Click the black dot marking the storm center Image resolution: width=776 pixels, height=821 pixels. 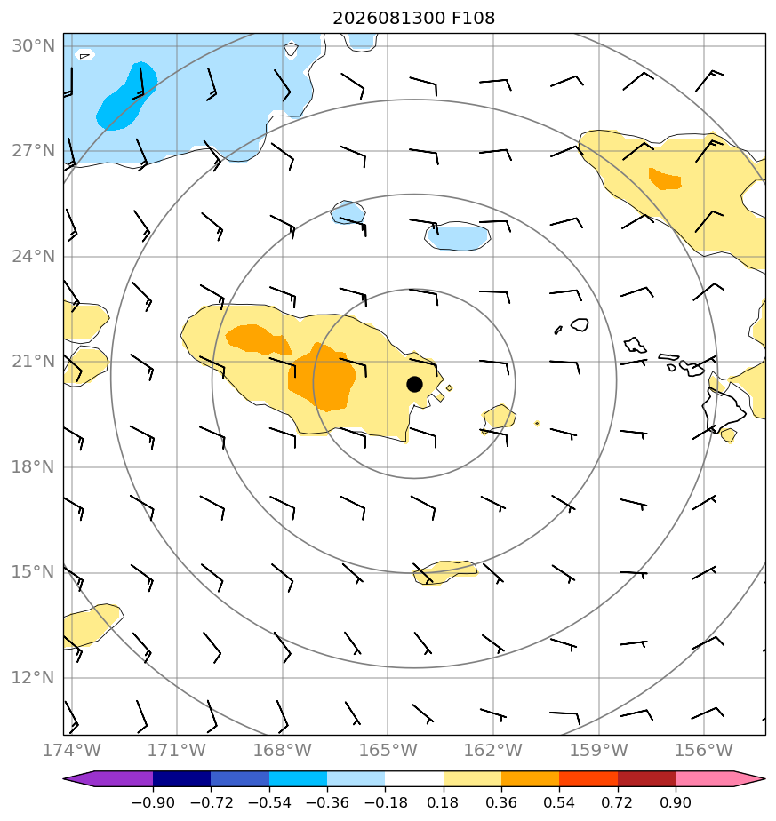pyautogui.click(x=414, y=385)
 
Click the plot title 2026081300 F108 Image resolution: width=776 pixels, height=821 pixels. pyautogui.click(x=413, y=19)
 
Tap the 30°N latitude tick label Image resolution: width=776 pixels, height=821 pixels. pyautogui.click(x=33, y=46)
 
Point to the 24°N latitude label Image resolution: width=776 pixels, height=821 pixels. pyautogui.click(x=33, y=257)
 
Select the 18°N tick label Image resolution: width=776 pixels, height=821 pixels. pyautogui.click(x=33, y=467)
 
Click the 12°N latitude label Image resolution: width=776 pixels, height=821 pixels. pyautogui.click(x=33, y=678)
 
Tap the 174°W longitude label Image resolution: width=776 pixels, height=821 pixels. pyautogui.click(x=71, y=750)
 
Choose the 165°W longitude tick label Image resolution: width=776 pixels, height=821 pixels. pyautogui.click(x=388, y=750)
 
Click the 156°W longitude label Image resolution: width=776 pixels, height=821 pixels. pyautogui.click(x=703, y=750)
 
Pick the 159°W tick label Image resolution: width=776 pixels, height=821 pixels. pyautogui.click(x=598, y=750)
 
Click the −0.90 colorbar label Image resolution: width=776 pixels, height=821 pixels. pyautogui.click(x=153, y=802)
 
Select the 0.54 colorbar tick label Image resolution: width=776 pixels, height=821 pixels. pyautogui.click(x=559, y=802)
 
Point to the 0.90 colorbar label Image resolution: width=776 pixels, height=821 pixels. pyautogui.click(x=676, y=802)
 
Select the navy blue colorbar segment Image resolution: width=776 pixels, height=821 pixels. pyautogui.click(x=182, y=779)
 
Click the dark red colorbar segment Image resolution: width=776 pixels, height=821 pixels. pyautogui.click(x=646, y=779)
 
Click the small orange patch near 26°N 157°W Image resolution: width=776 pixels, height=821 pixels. pyautogui.click(x=664, y=179)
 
